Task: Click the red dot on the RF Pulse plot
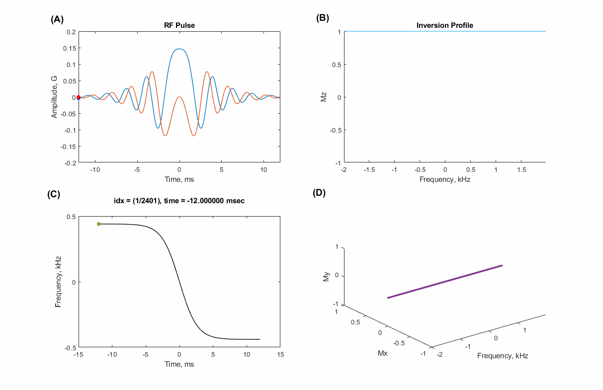[79, 97]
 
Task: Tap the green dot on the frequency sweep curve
[98, 224]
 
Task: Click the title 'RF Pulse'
[179, 25]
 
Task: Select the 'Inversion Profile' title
[444, 25]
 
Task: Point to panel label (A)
[57, 19]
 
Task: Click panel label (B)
[323, 18]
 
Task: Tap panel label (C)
[54, 194]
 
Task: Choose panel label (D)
[319, 193]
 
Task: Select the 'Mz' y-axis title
[324, 97]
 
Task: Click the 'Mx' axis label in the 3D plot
[383, 353]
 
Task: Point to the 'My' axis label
[326, 276]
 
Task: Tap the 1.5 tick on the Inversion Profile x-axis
[521, 170]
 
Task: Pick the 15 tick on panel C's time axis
[281, 355]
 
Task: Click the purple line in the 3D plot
[445, 282]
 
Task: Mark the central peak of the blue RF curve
[179, 49]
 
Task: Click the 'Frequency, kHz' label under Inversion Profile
[444, 179]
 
